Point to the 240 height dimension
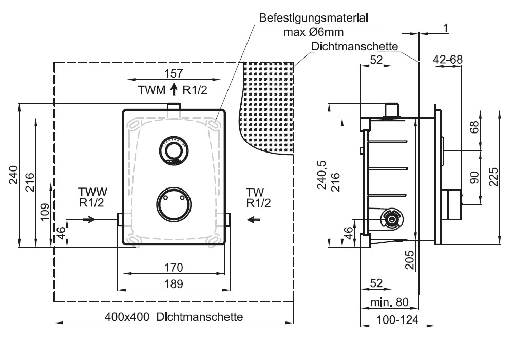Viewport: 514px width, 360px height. (x=13, y=175)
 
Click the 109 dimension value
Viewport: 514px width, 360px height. (x=45, y=212)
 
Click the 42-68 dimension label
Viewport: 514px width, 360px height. (x=448, y=60)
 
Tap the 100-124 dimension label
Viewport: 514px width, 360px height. (x=397, y=319)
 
